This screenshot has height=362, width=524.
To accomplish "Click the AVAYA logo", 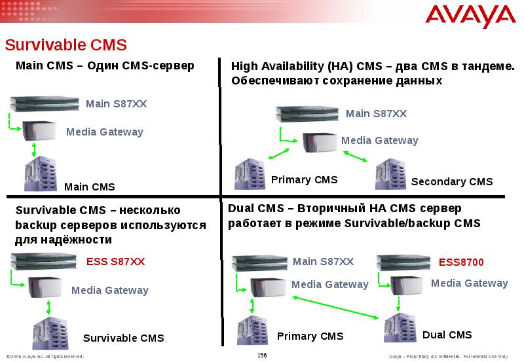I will click(470, 15).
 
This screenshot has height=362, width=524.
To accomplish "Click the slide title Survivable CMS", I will click(65, 45).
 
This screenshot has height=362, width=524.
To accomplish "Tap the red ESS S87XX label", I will click(115, 262).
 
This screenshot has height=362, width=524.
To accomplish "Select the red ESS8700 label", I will click(461, 262).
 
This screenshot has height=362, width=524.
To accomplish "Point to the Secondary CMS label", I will click(452, 182).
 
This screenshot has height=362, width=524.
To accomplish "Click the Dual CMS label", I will click(447, 335).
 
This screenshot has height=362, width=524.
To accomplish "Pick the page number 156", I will click(262, 355).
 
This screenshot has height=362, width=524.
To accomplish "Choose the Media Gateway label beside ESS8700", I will click(469, 283).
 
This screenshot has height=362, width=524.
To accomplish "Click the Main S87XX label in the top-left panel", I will click(116, 103).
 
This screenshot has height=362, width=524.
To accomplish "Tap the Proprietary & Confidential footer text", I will click(448, 356).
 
